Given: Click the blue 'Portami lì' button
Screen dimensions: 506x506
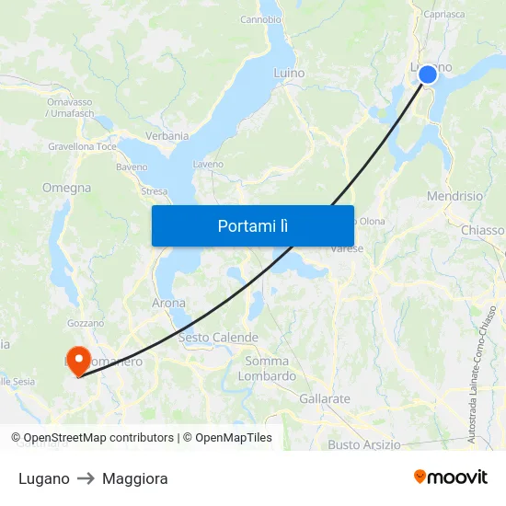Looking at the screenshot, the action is click(x=253, y=225).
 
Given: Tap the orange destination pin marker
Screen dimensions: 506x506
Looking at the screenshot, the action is click(x=78, y=359).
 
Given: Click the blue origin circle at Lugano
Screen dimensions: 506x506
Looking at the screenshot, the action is click(x=428, y=75).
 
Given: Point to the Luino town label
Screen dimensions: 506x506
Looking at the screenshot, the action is click(x=289, y=73).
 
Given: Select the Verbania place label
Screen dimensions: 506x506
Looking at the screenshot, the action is click(x=167, y=136).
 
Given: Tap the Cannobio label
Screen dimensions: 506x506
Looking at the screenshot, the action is click(x=260, y=19).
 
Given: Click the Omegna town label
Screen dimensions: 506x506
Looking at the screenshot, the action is click(x=66, y=188).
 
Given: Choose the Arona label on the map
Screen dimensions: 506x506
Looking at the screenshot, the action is click(x=168, y=303).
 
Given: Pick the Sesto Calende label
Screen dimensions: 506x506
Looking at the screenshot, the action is click(x=218, y=338).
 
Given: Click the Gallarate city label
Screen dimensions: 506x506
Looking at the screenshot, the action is click(x=325, y=399).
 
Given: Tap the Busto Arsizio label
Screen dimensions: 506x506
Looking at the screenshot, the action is click(x=364, y=444).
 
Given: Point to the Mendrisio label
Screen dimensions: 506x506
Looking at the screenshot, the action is click(x=454, y=196).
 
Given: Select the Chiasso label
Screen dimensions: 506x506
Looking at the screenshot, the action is click(x=483, y=230).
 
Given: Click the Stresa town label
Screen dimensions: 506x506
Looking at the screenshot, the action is click(x=154, y=192).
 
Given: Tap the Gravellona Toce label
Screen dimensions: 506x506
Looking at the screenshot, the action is click(x=82, y=146).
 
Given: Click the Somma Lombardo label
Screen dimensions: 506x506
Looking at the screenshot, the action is click(x=267, y=368).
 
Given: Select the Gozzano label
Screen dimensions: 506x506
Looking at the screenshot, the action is click(x=86, y=324).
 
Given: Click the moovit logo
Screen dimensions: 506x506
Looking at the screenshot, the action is click(x=451, y=477).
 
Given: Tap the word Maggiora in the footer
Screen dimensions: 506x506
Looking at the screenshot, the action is click(x=135, y=478).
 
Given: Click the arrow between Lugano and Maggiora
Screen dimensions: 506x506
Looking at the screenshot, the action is click(x=86, y=478).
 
